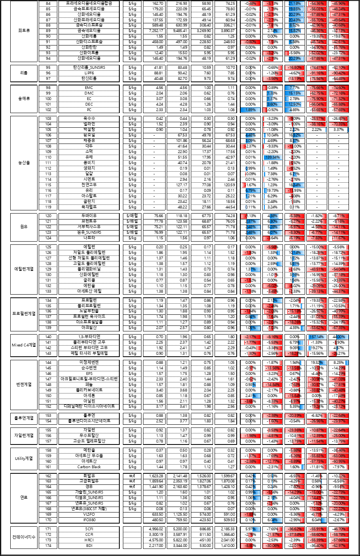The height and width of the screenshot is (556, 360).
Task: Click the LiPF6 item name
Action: (89, 73)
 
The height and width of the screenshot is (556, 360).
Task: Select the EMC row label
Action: (89, 87)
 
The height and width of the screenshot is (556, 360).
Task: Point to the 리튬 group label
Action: (24, 73)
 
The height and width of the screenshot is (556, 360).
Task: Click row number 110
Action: (48, 157)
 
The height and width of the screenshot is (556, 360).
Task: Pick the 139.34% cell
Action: (273, 157)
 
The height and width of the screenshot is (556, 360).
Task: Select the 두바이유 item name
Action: (89, 216)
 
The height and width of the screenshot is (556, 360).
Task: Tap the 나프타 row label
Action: (89, 238)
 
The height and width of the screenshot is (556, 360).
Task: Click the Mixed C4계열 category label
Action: (24, 345)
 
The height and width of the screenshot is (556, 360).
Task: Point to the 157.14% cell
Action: (317, 337)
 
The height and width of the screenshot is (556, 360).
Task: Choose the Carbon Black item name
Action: (89, 467)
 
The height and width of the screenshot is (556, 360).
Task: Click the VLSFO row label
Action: (89, 514)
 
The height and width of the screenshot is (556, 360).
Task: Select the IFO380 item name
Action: (89, 520)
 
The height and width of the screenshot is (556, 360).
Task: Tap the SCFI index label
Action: (89, 529)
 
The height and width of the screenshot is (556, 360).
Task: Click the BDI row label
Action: (89, 546)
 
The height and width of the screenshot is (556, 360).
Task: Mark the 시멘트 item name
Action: (89, 179)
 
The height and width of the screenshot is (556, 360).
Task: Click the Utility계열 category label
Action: (24, 458)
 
